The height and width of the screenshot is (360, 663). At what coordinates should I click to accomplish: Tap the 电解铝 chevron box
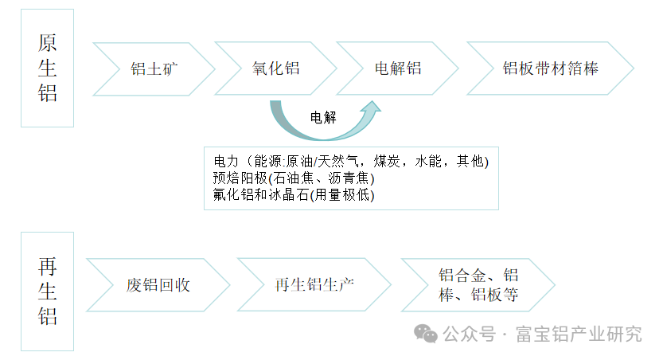397,68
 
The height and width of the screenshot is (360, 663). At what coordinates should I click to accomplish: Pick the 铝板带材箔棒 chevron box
550,68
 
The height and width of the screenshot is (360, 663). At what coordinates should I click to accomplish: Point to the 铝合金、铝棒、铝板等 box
478,284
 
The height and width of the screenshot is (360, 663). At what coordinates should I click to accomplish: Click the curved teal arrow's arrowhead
372,108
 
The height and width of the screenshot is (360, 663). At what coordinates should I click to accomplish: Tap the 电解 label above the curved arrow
323,118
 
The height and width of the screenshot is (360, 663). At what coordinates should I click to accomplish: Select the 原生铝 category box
47,68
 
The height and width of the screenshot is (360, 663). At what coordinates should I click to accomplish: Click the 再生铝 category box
47,291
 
